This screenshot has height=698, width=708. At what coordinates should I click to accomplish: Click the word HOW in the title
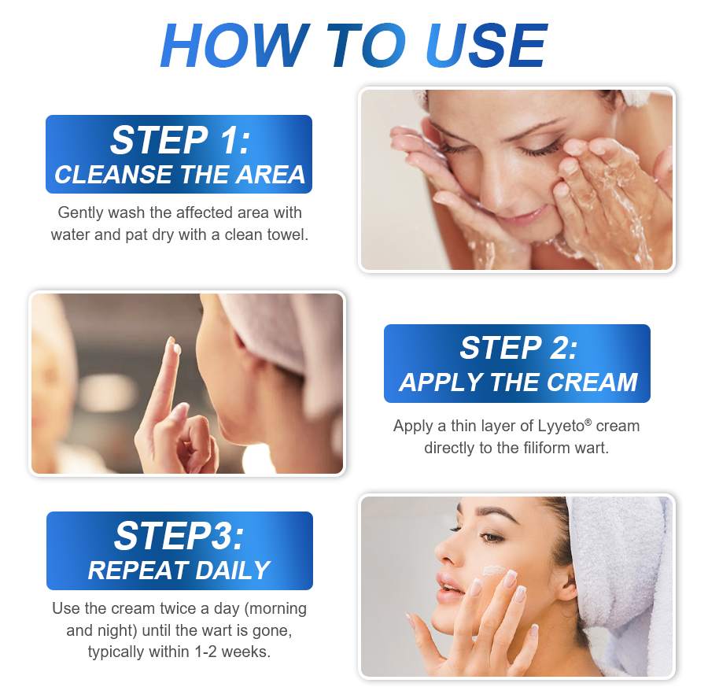tap(234, 46)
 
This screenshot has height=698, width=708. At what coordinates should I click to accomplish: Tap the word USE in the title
tap(486, 46)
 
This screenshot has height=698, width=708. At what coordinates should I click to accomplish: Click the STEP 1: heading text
tap(179, 140)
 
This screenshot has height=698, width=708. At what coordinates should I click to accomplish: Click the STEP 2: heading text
tap(518, 348)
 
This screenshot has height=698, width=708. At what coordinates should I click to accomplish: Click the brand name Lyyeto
tap(562, 427)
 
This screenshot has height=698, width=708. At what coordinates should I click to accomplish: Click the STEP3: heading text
tap(179, 537)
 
